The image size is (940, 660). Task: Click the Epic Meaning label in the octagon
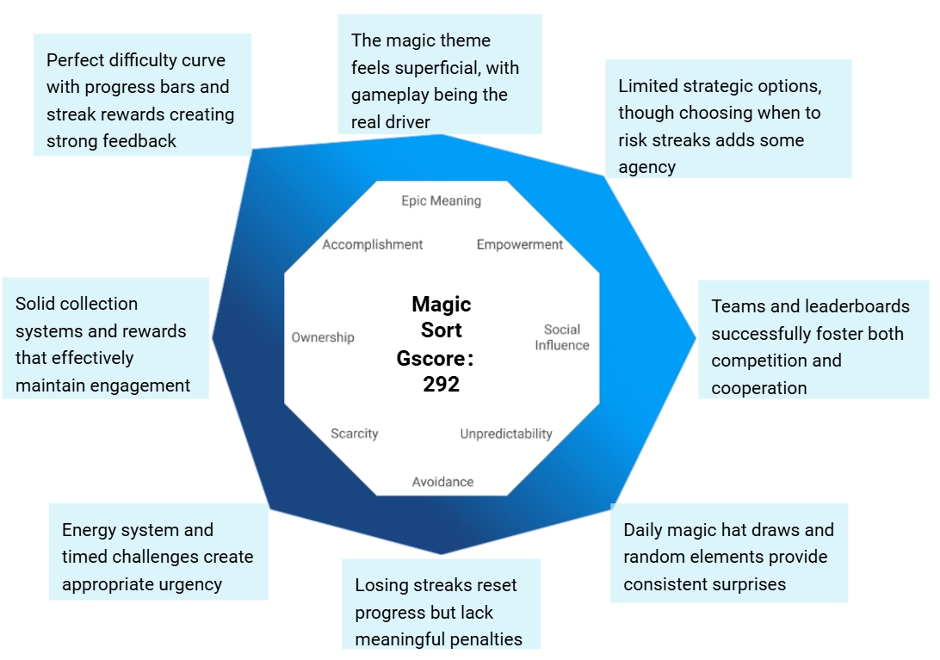click(x=441, y=201)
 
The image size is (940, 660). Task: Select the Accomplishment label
click(x=373, y=244)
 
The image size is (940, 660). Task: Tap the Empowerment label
click(x=520, y=244)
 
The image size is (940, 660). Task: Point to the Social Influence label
click(x=562, y=337)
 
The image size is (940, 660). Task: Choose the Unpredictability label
click(x=506, y=434)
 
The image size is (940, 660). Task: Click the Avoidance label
click(x=442, y=482)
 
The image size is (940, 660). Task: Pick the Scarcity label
click(x=355, y=434)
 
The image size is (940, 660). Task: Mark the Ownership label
click(x=323, y=337)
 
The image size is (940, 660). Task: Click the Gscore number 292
click(x=442, y=385)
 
